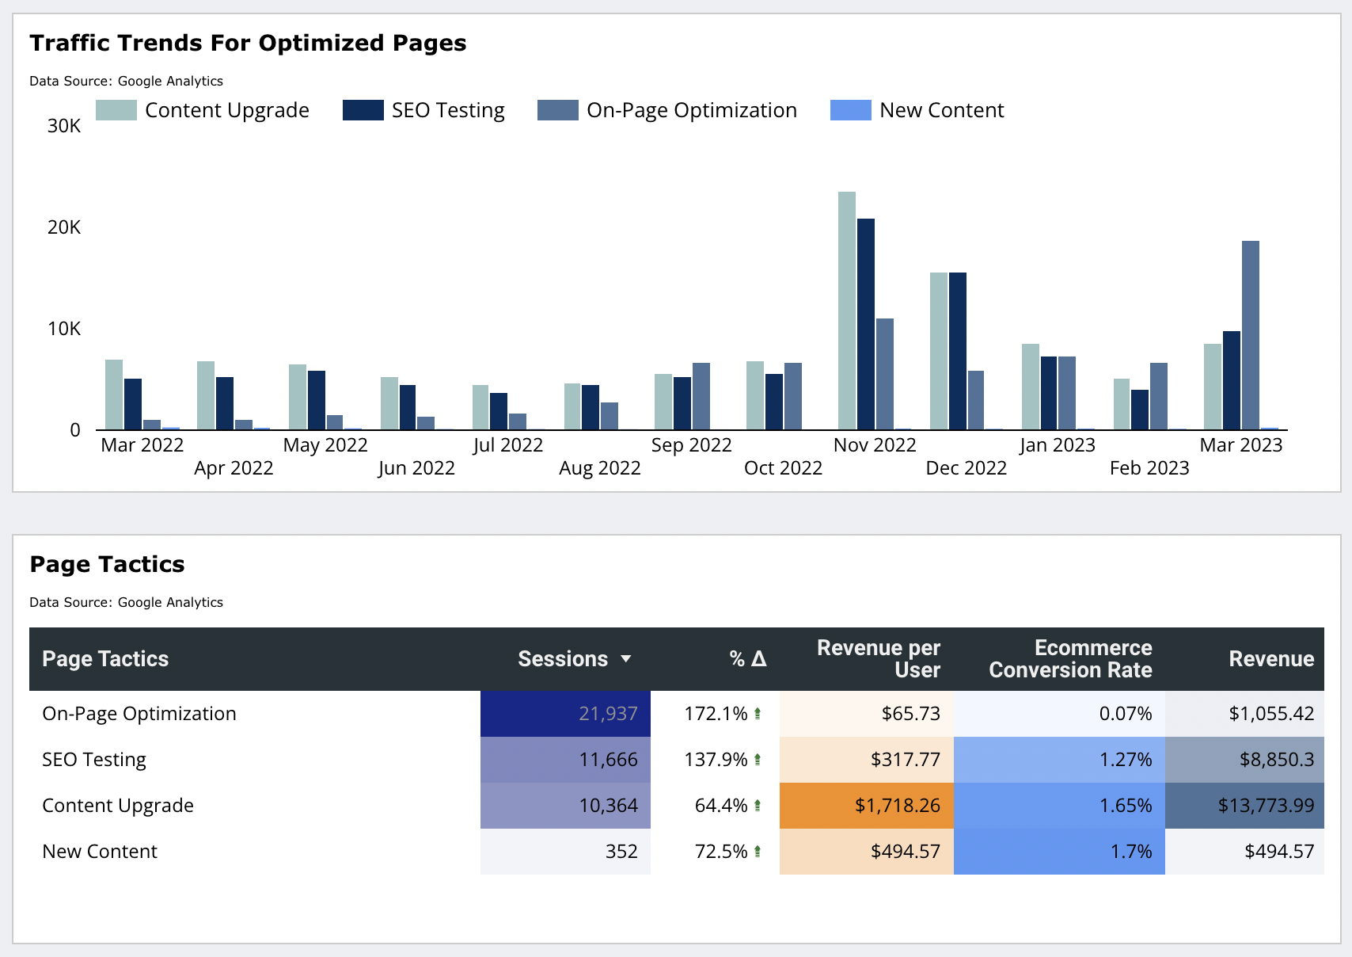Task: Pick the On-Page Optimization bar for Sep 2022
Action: [701, 396]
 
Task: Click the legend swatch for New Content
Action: [850, 110]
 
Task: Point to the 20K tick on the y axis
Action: [64, 227]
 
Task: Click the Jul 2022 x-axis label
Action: [507, 445]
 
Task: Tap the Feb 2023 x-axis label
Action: [1149, 468]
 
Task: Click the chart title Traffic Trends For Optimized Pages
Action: [248, 43]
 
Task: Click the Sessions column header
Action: [562, 659]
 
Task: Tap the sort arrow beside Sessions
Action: [625, 659]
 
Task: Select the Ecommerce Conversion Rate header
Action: [1069, 659]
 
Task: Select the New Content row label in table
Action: [100, 852]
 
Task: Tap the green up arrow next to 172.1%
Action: [758, 714]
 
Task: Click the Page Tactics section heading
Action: [107, 564]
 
